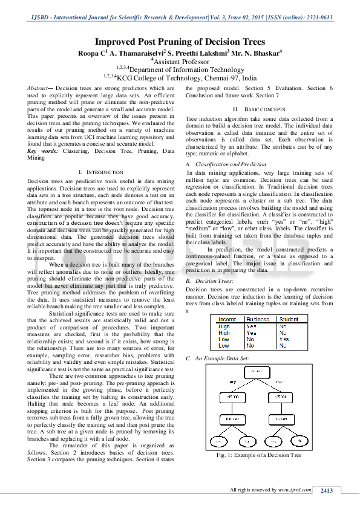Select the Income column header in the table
coord(227,319)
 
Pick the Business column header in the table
coord(258,319)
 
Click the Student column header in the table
coord(289,319)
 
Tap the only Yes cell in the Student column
coord(284,339)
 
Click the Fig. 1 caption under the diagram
coord(258,455)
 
